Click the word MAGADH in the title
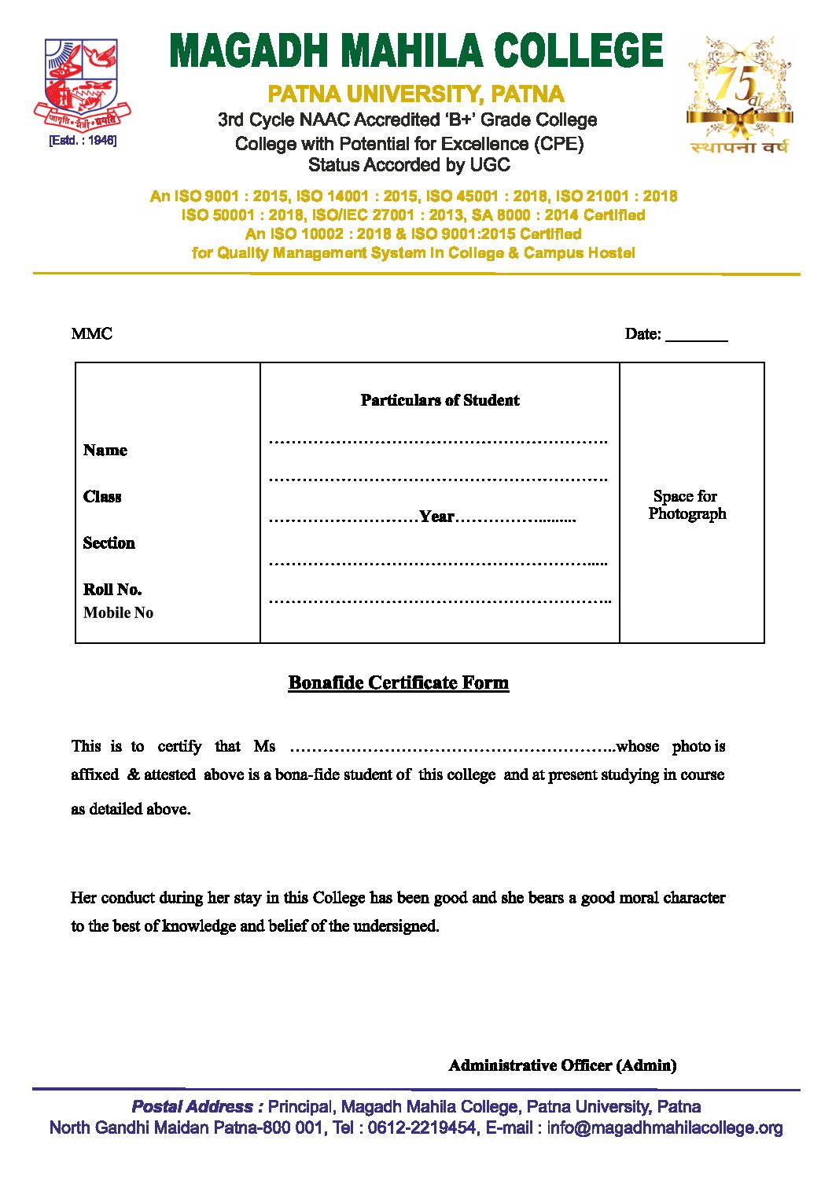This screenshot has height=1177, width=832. [x=248, y=52]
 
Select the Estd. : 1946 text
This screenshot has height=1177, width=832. [x=82, y=141]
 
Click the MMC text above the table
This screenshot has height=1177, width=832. [x=92, y=334]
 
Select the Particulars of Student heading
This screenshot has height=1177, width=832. [x=440, y=400]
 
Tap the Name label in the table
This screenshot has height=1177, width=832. [x=105, y=451]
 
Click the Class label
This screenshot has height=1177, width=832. [x=102, y=497]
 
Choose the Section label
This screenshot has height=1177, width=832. [x=109, y=543]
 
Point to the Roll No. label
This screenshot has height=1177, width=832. [x=112, y=590]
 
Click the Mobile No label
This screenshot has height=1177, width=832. [x=118, y=613]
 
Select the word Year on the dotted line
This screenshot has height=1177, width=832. [x=436, y=517]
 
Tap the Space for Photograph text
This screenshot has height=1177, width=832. [x=687, y=505]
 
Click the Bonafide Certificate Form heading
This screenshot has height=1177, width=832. [x=399, y=682]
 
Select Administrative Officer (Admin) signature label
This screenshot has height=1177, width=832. [x=562, y=1065]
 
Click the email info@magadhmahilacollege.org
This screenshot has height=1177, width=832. [x=664, y=1128]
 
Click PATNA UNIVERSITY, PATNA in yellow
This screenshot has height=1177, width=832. [x=416, y=95]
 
